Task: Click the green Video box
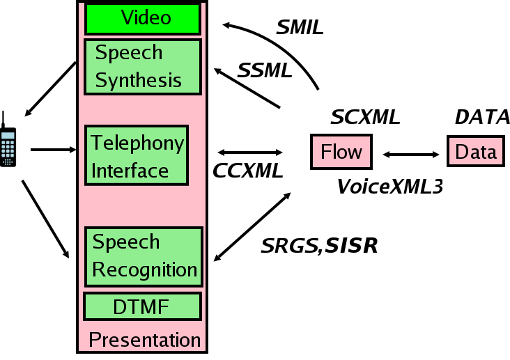[x=143, y=19]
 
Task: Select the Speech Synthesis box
[x=143, y=67]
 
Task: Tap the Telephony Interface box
[x=137, y=156]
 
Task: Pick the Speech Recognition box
[x=144, y=256]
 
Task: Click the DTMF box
[x=142, y=306]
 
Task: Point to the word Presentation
[x=145, y=341]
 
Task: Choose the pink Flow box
[x=341, y=151]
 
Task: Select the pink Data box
[x=476, y=151]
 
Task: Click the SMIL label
[x=300, y=29]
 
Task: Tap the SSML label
[x=265, y=70]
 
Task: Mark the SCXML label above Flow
[x=365, y=117]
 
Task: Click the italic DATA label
[x=482, y=117]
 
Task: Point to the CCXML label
[x=248, y=171]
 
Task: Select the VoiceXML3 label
[x=389, y=186]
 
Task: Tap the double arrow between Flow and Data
[x=411, y=153]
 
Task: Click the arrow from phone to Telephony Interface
[x=53, y=149]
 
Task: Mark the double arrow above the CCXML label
[x=249, y=152]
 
